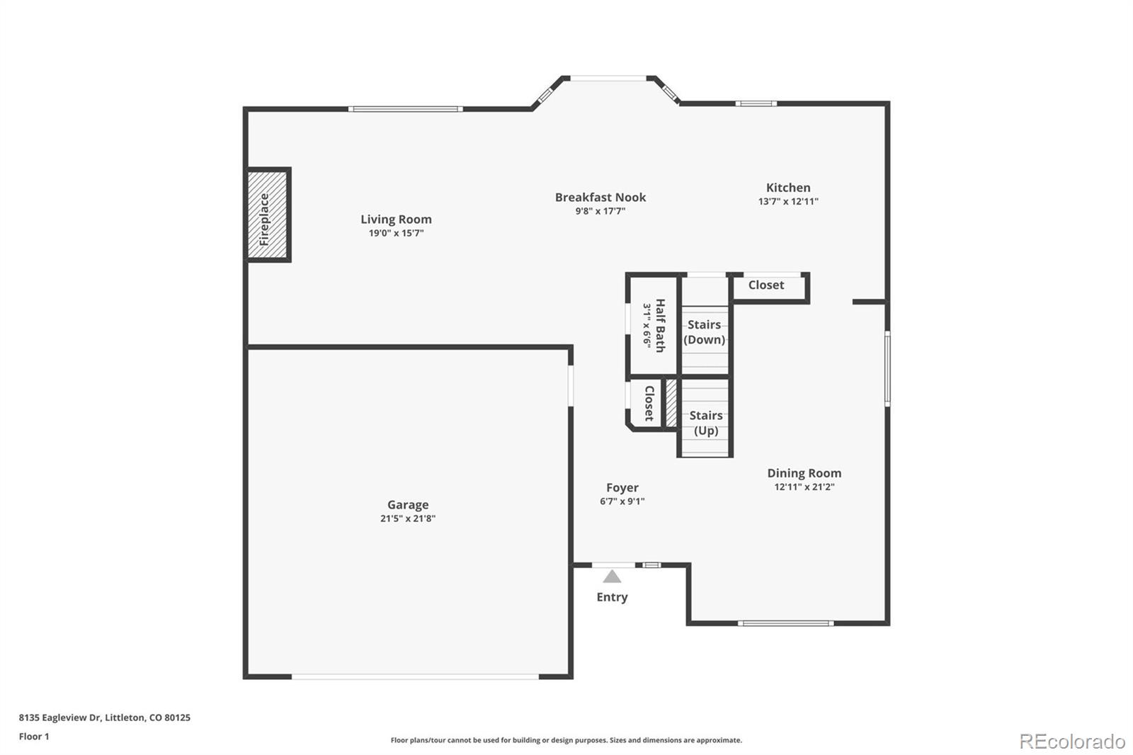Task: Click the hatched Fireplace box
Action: [268, 215]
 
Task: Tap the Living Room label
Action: [396, 220]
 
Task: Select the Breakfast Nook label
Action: [600, 198]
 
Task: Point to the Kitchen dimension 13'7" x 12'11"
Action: [788, 201]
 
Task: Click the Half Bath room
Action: [653, 325]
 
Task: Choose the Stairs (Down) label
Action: [704, 332]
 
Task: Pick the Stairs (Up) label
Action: [705, 423]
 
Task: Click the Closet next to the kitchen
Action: [766, 285]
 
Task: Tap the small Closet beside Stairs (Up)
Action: [648, 403]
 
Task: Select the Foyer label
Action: [622, 488]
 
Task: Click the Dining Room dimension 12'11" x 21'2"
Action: [804, 487]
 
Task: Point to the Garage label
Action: [408, 505]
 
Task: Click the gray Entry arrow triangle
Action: [612, 577]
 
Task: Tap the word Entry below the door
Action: [612, 597]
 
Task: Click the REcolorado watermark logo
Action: [1072, 741]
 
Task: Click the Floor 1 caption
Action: [34, 737]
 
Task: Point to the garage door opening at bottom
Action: [415, 677]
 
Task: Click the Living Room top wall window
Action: [405, 109]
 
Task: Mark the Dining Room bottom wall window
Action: [785, 623]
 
